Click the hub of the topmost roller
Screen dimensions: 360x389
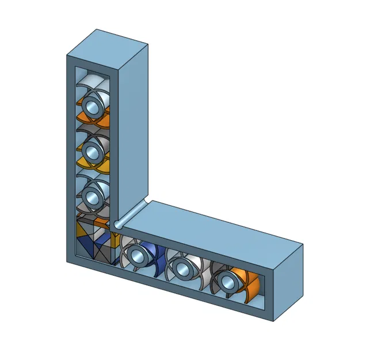click(x=91, y=106)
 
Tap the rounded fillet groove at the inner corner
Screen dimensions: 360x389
click(x=132, y=213)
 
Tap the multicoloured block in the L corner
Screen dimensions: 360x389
click(x=92, y=239)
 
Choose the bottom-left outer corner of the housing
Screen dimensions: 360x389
click(x=67, y=261)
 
